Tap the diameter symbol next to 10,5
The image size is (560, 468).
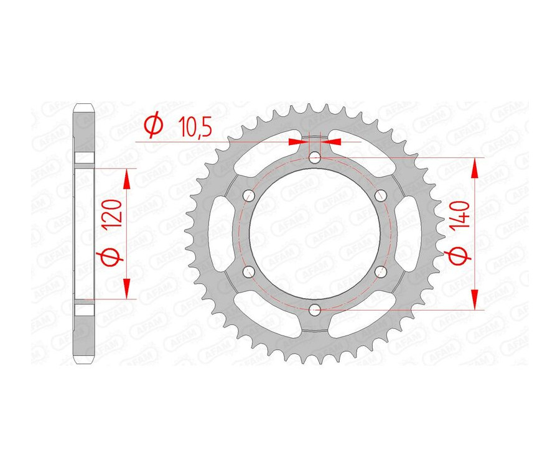(152, 126)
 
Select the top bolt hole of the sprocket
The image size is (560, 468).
(315, 157)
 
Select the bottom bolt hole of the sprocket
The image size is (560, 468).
(315, 309)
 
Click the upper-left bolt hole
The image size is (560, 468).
(249, 195)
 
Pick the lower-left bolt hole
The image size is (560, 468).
(249, 271)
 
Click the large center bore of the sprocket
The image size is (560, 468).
(315, 233)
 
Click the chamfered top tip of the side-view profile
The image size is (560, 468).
(84, 106)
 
